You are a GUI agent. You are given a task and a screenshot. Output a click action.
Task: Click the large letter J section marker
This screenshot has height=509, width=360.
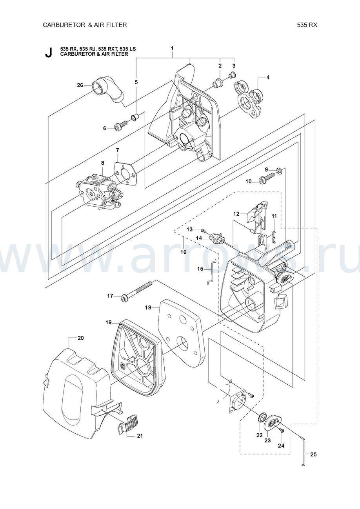[x=48, y=53]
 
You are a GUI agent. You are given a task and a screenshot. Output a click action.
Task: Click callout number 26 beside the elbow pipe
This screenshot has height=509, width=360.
[x=80, y=85]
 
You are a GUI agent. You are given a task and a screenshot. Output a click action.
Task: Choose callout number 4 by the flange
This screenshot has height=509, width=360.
[x=268, y=77]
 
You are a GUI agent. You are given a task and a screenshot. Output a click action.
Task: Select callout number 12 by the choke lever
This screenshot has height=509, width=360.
[x=236, y=214]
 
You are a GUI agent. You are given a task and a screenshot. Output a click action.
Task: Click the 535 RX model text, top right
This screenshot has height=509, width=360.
[x=307, y=25]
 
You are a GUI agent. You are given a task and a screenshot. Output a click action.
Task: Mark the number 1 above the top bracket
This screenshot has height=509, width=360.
[x=172, y=48]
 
